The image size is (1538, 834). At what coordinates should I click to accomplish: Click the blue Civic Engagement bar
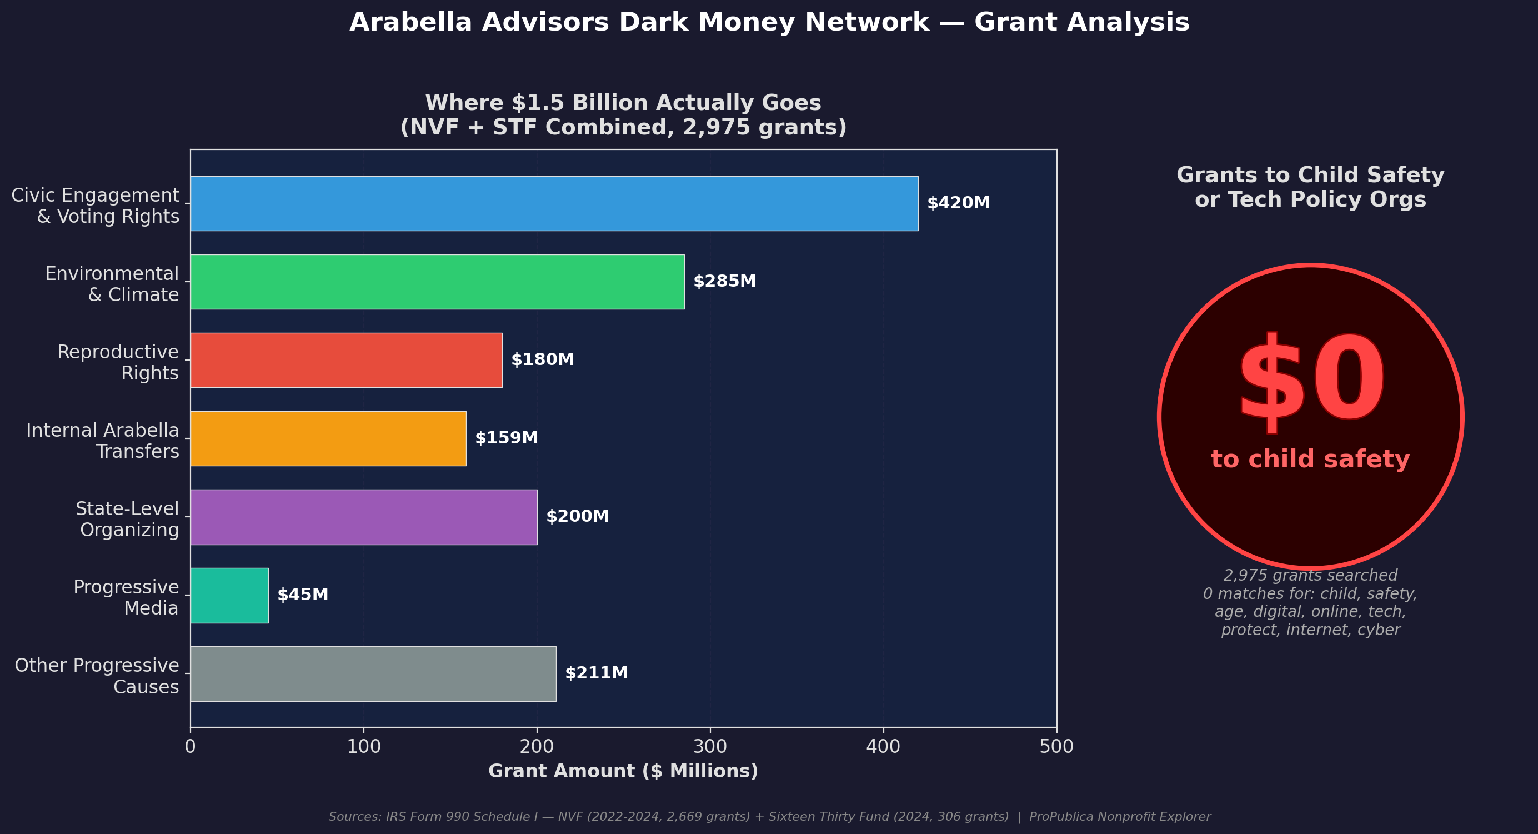coord(554,203)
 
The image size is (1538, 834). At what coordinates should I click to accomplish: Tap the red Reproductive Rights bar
coord(346,359)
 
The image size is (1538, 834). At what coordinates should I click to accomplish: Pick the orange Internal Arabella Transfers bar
coord(328,438)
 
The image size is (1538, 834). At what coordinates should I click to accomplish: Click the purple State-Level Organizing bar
coord(364,517)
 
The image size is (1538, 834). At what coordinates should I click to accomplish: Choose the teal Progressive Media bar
coord(229,595)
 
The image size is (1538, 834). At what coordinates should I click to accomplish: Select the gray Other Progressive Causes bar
coord(373,673)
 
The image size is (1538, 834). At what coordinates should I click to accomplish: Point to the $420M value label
coord(958,203)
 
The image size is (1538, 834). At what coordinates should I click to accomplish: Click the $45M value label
coord(303,595)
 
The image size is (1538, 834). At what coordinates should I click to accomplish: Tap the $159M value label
coord(507,438)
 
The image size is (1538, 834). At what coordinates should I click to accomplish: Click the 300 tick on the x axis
coord(710,747)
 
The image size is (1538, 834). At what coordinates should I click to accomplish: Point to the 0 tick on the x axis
coord(191,747)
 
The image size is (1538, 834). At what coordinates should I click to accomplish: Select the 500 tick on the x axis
coord(1056,747)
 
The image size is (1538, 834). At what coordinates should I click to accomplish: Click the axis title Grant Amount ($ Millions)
coord(623,771)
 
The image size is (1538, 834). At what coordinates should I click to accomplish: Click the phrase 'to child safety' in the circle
coord(1310,460)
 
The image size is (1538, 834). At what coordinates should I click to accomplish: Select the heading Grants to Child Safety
coord(1310,187)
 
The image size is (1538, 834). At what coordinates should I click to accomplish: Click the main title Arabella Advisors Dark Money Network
coord(769,23)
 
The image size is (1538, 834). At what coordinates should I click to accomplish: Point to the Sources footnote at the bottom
coord(769,817)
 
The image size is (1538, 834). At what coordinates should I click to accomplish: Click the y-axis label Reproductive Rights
coord(118,362)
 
